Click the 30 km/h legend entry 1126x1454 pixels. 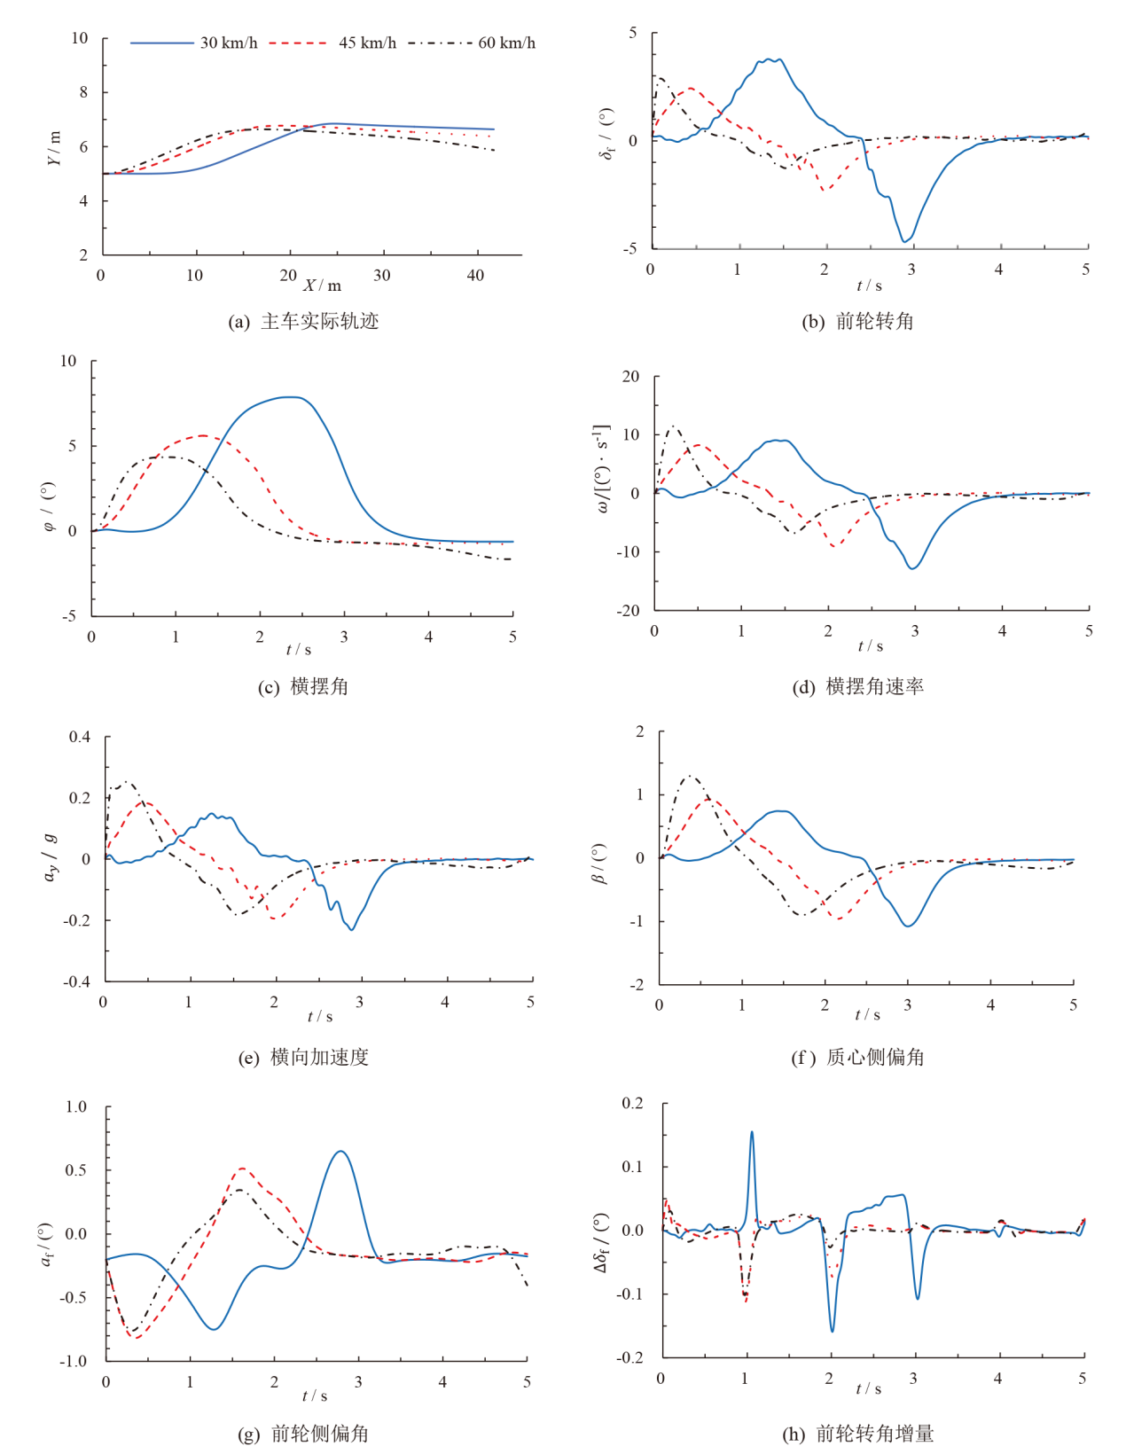[194, 43]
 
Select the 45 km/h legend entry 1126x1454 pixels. [332, 43]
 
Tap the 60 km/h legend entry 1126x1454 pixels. [472, 43]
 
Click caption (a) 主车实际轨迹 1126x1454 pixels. [304, 322]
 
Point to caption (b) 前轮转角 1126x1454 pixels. [857, 322]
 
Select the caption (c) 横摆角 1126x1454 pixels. [304, 686]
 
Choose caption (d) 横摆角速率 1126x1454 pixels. [857, 686]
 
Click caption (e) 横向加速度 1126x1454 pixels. [304, 1057]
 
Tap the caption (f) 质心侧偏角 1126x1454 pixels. [857, 1057]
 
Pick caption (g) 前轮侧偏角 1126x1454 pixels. [304, 1434]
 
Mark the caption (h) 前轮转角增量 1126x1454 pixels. [857, 1434]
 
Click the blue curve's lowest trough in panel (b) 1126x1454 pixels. [905, 241]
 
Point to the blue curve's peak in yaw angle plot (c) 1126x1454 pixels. [291, 396]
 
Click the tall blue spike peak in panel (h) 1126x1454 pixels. [752, 1131]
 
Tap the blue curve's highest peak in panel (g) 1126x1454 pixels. [340, 1151]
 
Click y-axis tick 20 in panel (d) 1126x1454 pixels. [630, 377]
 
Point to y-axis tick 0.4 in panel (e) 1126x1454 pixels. [80, 737]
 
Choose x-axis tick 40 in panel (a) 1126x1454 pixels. [475, 276]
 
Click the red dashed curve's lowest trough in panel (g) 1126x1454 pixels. [136, 1338]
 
